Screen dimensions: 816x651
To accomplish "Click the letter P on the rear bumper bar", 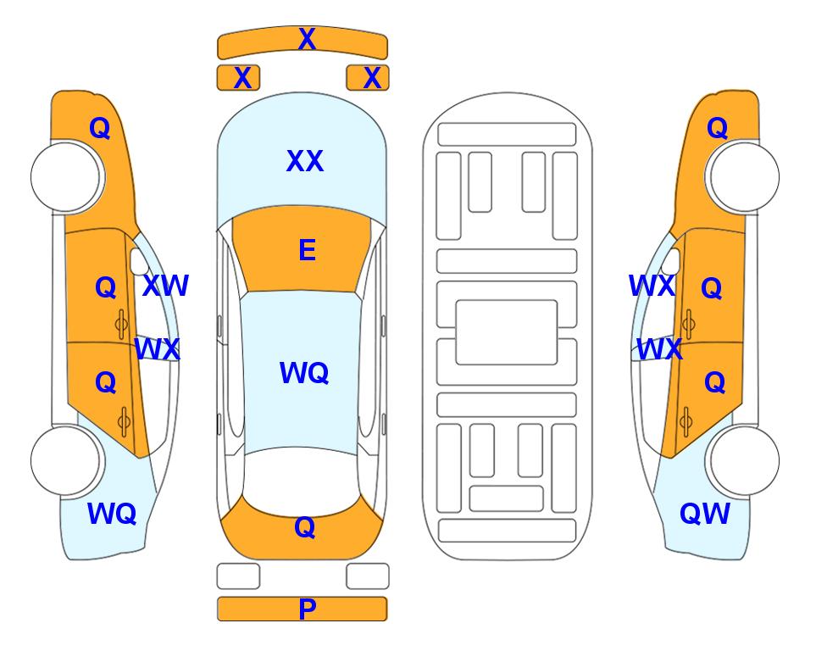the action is tap(307, 609).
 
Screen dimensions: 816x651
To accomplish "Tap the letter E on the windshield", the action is tap(307, 250).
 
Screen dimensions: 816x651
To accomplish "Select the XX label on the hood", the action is tap(305, 161).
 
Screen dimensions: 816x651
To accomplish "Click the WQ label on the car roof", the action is tap(304, 373).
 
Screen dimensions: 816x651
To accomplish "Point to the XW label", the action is tap(165, 286).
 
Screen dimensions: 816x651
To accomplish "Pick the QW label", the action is tap(705, 514).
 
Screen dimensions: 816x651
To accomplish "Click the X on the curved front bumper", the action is tap(307, 38).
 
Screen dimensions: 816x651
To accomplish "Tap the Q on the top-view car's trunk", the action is tap(305, 527).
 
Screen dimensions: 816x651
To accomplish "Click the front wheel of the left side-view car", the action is tap(67, 177).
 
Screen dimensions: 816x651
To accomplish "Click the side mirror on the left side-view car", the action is tap(138, 261).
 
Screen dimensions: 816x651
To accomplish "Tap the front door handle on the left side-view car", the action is tap(121, 324).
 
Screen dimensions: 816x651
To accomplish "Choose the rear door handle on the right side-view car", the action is tap(686, 421).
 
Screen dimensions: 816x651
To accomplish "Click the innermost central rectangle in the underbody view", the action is tap(507, 332).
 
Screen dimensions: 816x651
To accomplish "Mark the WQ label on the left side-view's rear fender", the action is tap(112, 514).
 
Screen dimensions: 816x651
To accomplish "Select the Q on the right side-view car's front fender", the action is tap(717, 128).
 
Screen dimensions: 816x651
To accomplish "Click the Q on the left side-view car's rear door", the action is tap(106, 383).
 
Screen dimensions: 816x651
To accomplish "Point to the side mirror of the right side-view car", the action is tap(671, 261).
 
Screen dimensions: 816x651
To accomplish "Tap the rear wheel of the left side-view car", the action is tap(67, 460).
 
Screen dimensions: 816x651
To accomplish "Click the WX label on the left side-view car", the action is tap(157, 349).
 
